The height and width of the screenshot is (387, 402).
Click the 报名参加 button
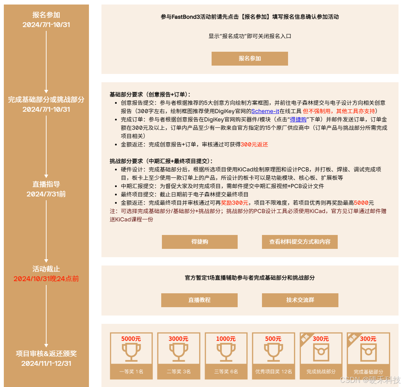(249, 59)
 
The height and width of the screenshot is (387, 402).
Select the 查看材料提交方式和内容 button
(300, 242)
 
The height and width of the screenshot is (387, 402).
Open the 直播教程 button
(199, 300)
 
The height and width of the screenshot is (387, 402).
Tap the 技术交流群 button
(300, 300)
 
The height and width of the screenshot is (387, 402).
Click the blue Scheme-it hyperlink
(265, 111)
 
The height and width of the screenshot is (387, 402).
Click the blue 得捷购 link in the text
(298, 120)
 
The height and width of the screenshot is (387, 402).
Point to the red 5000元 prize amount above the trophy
(131, 339)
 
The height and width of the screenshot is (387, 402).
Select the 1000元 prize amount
(226, 339)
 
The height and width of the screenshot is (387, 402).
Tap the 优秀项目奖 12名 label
(273, 372)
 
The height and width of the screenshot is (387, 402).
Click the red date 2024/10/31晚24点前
(46, 279)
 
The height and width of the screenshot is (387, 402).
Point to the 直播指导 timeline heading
(46, 184)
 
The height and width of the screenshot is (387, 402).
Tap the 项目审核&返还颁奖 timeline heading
(46, 354)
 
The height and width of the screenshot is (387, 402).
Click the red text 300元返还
(254, 145)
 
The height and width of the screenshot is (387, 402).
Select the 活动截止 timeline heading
(46, 269)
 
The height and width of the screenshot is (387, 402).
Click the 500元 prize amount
(273, 339)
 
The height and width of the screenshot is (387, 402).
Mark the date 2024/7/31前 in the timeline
(46, 194)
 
